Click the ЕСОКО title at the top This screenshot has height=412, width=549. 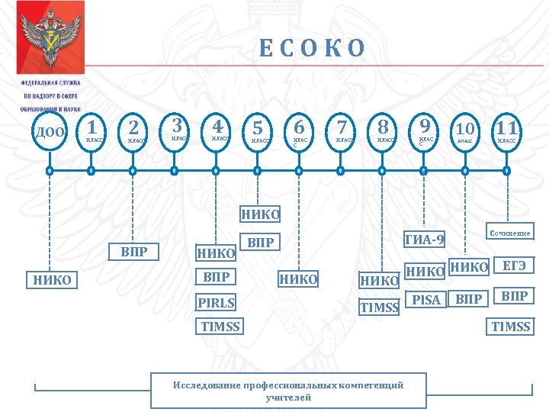coord(313,49)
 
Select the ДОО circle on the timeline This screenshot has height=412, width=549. coord(50,131)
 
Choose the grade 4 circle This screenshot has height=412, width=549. coord(218,130)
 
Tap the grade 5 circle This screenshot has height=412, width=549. coord(259,130)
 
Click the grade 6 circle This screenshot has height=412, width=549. coord(300,130)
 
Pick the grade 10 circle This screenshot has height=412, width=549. coord(465,130)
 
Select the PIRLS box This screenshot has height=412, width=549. coord(216,303)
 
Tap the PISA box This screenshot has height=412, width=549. coord(426,300)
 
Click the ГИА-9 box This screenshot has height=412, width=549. coord(425,240)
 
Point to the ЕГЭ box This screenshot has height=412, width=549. coord(512,266)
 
